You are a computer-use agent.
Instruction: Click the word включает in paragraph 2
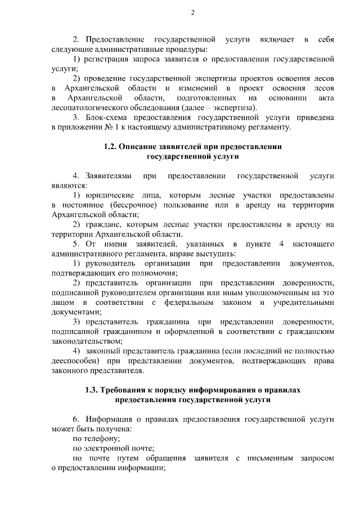(277, 39)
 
